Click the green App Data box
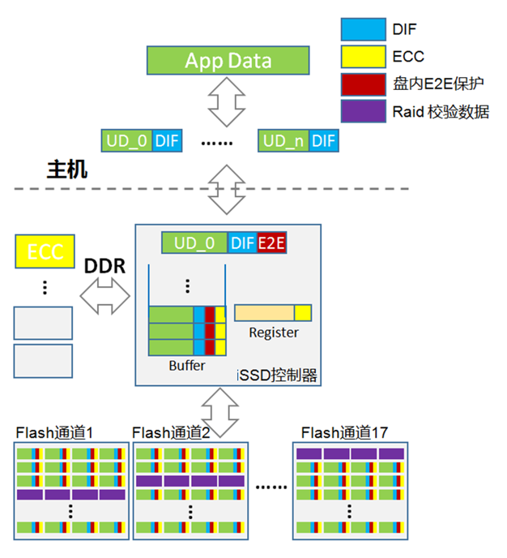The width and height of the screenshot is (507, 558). point(228,60)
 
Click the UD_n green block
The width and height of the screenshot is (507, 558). point(284,140)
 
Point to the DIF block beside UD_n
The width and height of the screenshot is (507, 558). point(324,140)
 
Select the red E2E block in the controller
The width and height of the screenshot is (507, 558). point(272,243)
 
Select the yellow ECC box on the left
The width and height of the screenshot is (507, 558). point(45,251)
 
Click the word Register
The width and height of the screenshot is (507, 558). point(274,333)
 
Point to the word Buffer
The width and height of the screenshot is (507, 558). point(187,366)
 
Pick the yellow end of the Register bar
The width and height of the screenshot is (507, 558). point(303,312)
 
